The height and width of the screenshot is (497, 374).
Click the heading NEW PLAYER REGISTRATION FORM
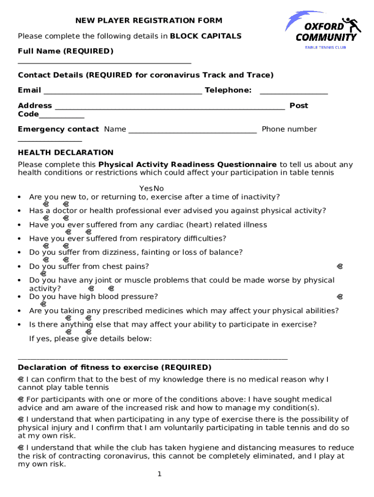click(142, 20)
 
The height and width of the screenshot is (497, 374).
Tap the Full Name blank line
click(104, 62)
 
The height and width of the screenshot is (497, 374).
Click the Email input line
click(122, 92)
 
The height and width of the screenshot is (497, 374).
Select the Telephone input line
click(293, 92)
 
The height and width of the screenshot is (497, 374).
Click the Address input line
click(170, 108)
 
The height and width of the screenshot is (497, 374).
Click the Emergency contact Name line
click(192, 131)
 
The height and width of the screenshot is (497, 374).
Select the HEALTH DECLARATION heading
click(66, 152)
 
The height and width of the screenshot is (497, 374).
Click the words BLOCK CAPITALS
click(205, 36)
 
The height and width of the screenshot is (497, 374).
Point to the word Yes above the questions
click(146, 188)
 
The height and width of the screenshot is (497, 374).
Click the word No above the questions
click(159, 188)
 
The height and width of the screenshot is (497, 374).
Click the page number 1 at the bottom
click(159, 474)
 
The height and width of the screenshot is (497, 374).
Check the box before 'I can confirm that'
click(21, 380)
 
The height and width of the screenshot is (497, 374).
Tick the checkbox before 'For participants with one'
click(21, 399)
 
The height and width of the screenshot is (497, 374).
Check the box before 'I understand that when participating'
click(21, 419)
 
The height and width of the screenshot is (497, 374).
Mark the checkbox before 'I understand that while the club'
click(21, 448)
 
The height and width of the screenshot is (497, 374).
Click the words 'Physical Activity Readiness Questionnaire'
click(187, 165)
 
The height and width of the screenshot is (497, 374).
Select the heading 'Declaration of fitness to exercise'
click(115, 367)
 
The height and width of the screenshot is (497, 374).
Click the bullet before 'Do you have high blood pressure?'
click(18, 297)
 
